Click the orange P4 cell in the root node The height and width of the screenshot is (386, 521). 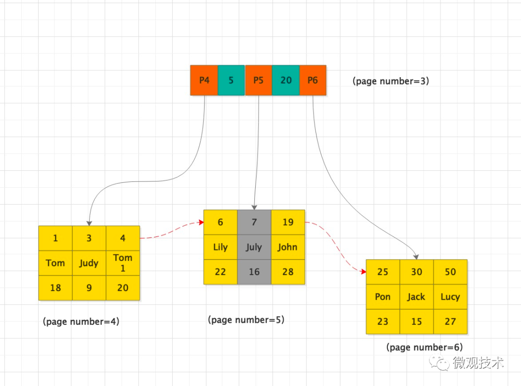(204, 80)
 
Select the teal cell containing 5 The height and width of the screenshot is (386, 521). (231, 80)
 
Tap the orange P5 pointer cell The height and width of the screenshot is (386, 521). (259, 80)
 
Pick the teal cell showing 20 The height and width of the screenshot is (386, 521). (286, 80)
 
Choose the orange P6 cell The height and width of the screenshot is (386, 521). (313, 80)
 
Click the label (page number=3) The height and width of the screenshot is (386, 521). (391, 81)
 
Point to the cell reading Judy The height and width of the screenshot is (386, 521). (89, 263)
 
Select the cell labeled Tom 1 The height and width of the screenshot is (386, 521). (123, 263)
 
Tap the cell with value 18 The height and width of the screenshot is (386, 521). (55, 288)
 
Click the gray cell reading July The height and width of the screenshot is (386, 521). (254, 247)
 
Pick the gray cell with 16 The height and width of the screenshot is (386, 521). (254, 272)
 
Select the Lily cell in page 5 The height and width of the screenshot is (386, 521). (220, 247)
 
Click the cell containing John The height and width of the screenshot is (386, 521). (288, 247)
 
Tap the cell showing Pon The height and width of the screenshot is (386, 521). (383, 297)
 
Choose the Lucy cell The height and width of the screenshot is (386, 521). (451, 297)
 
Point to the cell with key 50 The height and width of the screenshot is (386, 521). (451, 272)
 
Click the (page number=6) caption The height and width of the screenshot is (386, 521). (425, 347)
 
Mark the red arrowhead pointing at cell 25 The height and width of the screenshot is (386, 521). (364, 272)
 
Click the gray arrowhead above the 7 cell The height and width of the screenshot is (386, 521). (254, 207)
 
